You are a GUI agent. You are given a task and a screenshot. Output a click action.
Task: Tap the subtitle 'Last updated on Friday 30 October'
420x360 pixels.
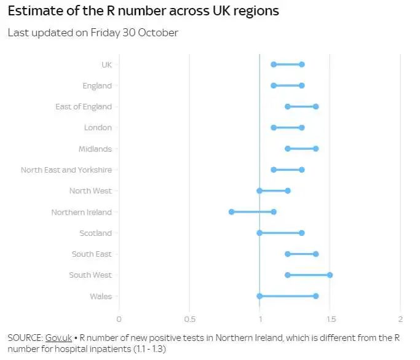coord(93,33)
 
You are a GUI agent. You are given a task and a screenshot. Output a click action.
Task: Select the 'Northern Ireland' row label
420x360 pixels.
coord(81,212)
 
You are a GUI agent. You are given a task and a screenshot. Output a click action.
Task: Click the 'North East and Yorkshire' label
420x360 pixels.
coord(66,170)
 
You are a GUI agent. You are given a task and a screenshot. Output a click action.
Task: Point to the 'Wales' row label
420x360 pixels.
coord(100,296)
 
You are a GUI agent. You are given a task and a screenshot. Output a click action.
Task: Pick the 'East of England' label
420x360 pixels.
coord(83,106)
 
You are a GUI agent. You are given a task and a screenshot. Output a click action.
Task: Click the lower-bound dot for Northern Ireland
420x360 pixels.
coord(231,212)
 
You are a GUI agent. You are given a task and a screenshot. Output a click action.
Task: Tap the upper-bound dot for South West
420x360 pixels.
coord(330,275)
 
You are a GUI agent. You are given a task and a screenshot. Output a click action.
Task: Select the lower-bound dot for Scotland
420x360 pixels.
coord(260,233)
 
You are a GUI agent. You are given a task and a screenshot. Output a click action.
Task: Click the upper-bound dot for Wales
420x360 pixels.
coord(316,296)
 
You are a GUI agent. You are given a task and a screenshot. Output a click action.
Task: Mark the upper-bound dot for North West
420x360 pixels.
coord(288,190)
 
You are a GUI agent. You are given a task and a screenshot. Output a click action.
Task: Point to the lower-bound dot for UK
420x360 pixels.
coord(274,65)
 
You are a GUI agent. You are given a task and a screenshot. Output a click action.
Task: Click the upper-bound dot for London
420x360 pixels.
coord(302,128)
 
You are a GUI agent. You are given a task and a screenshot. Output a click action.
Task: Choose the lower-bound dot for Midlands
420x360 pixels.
coord(288,149)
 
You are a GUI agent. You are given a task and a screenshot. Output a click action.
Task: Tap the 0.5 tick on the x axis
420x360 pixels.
coord(189,319)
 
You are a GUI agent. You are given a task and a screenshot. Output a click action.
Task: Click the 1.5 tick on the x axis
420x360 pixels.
coord(330,319)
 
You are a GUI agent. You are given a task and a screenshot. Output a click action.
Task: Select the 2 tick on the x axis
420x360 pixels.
coord(400,319)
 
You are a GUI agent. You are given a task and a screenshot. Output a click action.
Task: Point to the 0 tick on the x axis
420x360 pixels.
coord(119,319)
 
